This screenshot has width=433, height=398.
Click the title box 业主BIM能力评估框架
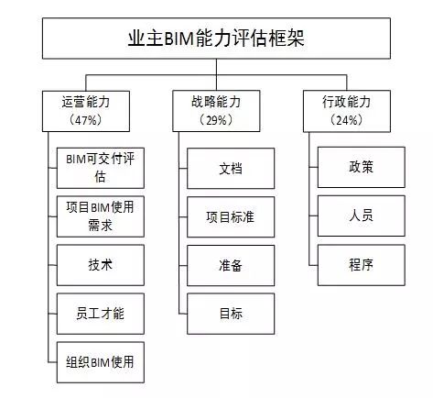216,39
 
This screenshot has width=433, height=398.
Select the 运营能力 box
86,111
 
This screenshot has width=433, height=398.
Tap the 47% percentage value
85,120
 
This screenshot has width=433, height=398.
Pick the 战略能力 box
216,111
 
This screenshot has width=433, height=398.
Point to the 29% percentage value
216,120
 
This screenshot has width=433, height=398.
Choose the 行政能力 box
347,111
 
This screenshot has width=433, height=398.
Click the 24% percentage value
346,120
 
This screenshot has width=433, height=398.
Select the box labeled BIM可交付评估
101,168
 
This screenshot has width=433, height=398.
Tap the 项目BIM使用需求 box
101,216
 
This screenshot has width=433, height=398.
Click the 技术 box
101,265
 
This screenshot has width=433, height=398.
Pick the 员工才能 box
101,314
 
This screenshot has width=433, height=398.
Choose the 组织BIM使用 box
101,362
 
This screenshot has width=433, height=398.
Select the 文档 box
231,169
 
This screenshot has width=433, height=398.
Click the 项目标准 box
231,217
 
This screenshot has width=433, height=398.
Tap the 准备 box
231,266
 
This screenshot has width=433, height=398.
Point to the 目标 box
231,314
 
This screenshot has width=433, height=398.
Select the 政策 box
362,167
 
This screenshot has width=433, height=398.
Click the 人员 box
362,216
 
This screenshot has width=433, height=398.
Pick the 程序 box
362,265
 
